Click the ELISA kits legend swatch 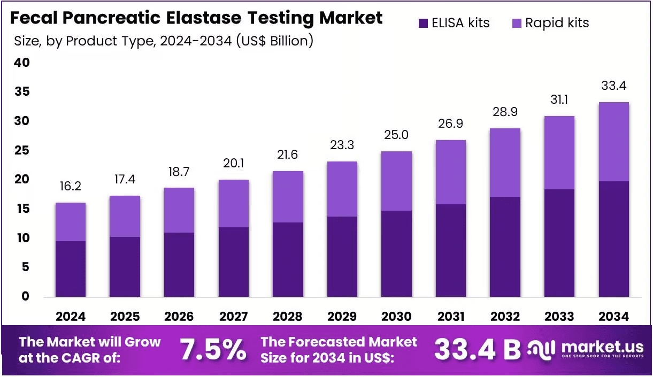coord(423,23)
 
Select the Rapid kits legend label coord(557,23)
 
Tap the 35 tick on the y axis coord(22,91)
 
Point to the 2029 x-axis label coord(342,317)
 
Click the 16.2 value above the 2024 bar coord(71,186)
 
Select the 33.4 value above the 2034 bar coord(613,86)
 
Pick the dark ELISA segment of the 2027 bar coord(234,262)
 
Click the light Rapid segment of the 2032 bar coord(505,163)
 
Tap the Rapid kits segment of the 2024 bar coord(71,222)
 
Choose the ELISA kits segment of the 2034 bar coord(613,239)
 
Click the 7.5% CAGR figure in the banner coord(213,349)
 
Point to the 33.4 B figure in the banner coord(478,349)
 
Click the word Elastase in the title coord(204,18)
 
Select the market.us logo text coord(602,347)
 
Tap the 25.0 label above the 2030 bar coord(396,135)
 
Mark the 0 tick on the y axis coord(26,296)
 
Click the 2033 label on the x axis coord(559,317)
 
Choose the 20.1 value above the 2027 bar coord(234,163)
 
